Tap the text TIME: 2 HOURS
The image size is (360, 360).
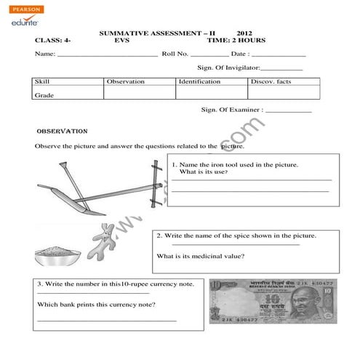236,41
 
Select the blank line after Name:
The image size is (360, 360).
107,56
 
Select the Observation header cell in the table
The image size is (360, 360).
140,81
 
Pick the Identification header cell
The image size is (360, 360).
212,81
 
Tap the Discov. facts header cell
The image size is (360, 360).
284,81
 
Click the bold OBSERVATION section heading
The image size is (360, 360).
62,132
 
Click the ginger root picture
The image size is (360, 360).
102,240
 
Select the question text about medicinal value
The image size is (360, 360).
201,256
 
